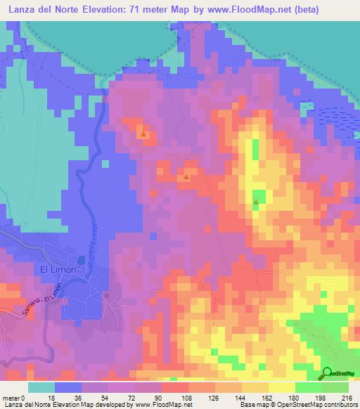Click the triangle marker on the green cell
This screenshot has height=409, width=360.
pos(256,204)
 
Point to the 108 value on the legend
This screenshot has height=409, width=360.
pos(188,397)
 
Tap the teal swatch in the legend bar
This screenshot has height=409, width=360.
pos(41,387)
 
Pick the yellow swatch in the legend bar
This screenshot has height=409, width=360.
pos(281,387)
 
